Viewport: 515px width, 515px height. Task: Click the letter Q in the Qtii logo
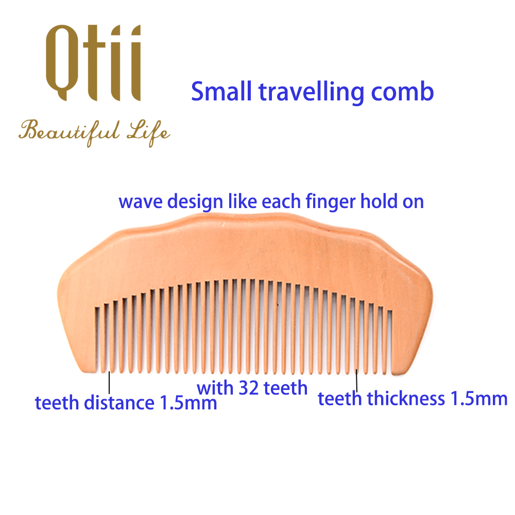click(x=62, y=62)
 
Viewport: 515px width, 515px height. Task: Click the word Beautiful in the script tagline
click(x=70, y=132)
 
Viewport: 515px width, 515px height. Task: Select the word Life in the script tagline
click(x=149, y=133)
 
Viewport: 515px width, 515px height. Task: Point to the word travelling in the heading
click(x=312, y=93)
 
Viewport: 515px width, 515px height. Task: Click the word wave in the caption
click(x=141, y=202)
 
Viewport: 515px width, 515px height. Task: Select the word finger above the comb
click(x=331, y=202)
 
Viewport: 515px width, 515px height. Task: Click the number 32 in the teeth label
click(x=248, y=388)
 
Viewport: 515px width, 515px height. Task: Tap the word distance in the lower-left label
click(x=119, y=403)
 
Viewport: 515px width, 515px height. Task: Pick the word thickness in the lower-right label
click(x=406, y=399)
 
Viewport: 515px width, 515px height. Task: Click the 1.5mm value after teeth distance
click(x=188, y=403)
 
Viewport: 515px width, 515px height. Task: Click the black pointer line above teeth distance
click(x=109, y=382)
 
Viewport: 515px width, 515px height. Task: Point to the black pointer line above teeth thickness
click(x=356, y=381)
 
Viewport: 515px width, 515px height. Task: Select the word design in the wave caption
click(x=195, y=202)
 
